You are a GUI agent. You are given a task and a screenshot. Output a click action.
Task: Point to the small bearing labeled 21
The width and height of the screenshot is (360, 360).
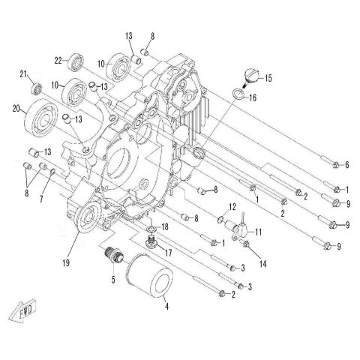[x=33, y=91]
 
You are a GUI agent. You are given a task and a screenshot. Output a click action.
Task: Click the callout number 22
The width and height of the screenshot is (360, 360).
[x=57, y=61]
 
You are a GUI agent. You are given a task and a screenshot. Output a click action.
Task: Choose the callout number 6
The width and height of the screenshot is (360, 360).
[x=346, y=164]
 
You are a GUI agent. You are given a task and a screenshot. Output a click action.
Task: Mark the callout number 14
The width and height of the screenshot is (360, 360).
[x=262, y=263]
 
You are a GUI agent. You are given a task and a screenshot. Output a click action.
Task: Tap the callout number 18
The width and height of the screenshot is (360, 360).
[x=165, y=226]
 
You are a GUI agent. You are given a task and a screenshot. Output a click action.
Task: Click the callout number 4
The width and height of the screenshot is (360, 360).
[x=166, y=305]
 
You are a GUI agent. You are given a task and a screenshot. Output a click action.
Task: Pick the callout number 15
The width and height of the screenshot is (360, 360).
[x=268, y=79]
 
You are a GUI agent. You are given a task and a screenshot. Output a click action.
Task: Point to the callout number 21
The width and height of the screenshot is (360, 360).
[x=22, y=73]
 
